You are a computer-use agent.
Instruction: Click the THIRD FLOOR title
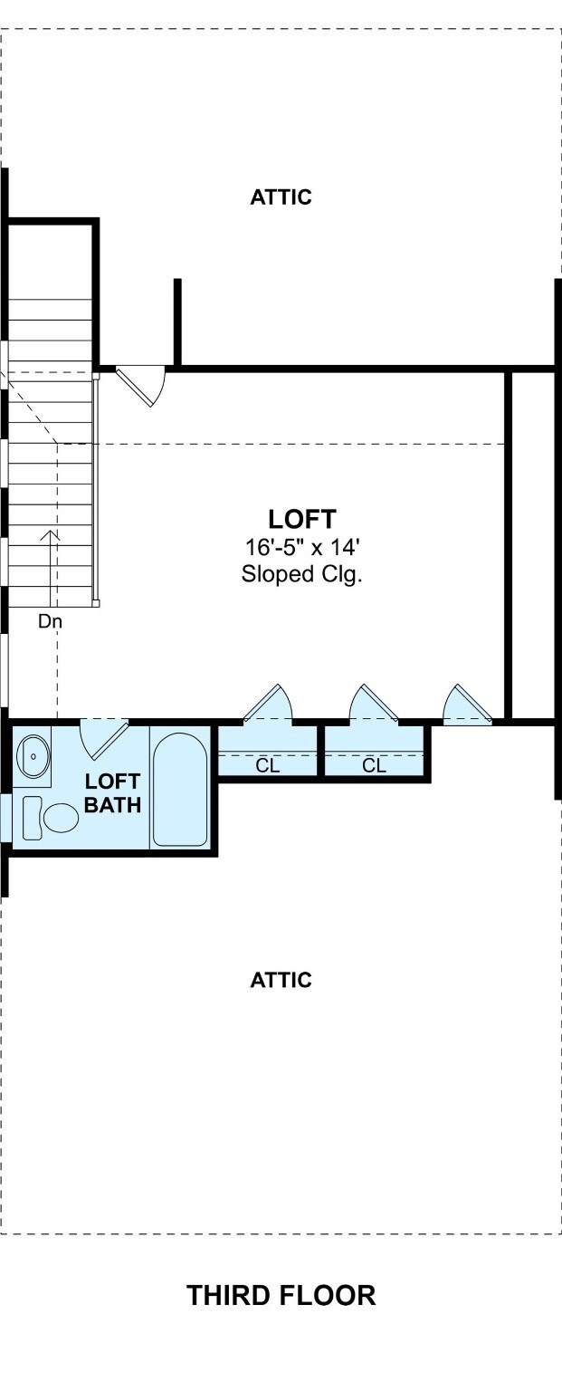pos(281,1295)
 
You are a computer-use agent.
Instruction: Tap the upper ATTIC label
pos(281,197)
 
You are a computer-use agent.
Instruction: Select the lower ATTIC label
pos(281,980)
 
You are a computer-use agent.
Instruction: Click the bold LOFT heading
pos(302,519)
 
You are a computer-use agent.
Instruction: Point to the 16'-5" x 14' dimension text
pos(302,548)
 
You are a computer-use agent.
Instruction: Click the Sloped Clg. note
pos(301,574)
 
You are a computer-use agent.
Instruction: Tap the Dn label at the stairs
pos(51,620)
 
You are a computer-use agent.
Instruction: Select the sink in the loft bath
pos(33,756)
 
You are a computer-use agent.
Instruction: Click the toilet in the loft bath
pos(51,818)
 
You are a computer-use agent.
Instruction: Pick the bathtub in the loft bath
pos(180,790)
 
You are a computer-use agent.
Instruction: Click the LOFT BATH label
pos(112,793)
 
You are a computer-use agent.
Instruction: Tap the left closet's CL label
pos(267,765)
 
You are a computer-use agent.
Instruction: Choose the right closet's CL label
pos(374,765)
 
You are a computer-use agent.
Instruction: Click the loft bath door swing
pos(103,739)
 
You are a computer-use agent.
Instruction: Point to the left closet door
pos(268,704)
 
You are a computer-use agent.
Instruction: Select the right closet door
pos(374,704)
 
